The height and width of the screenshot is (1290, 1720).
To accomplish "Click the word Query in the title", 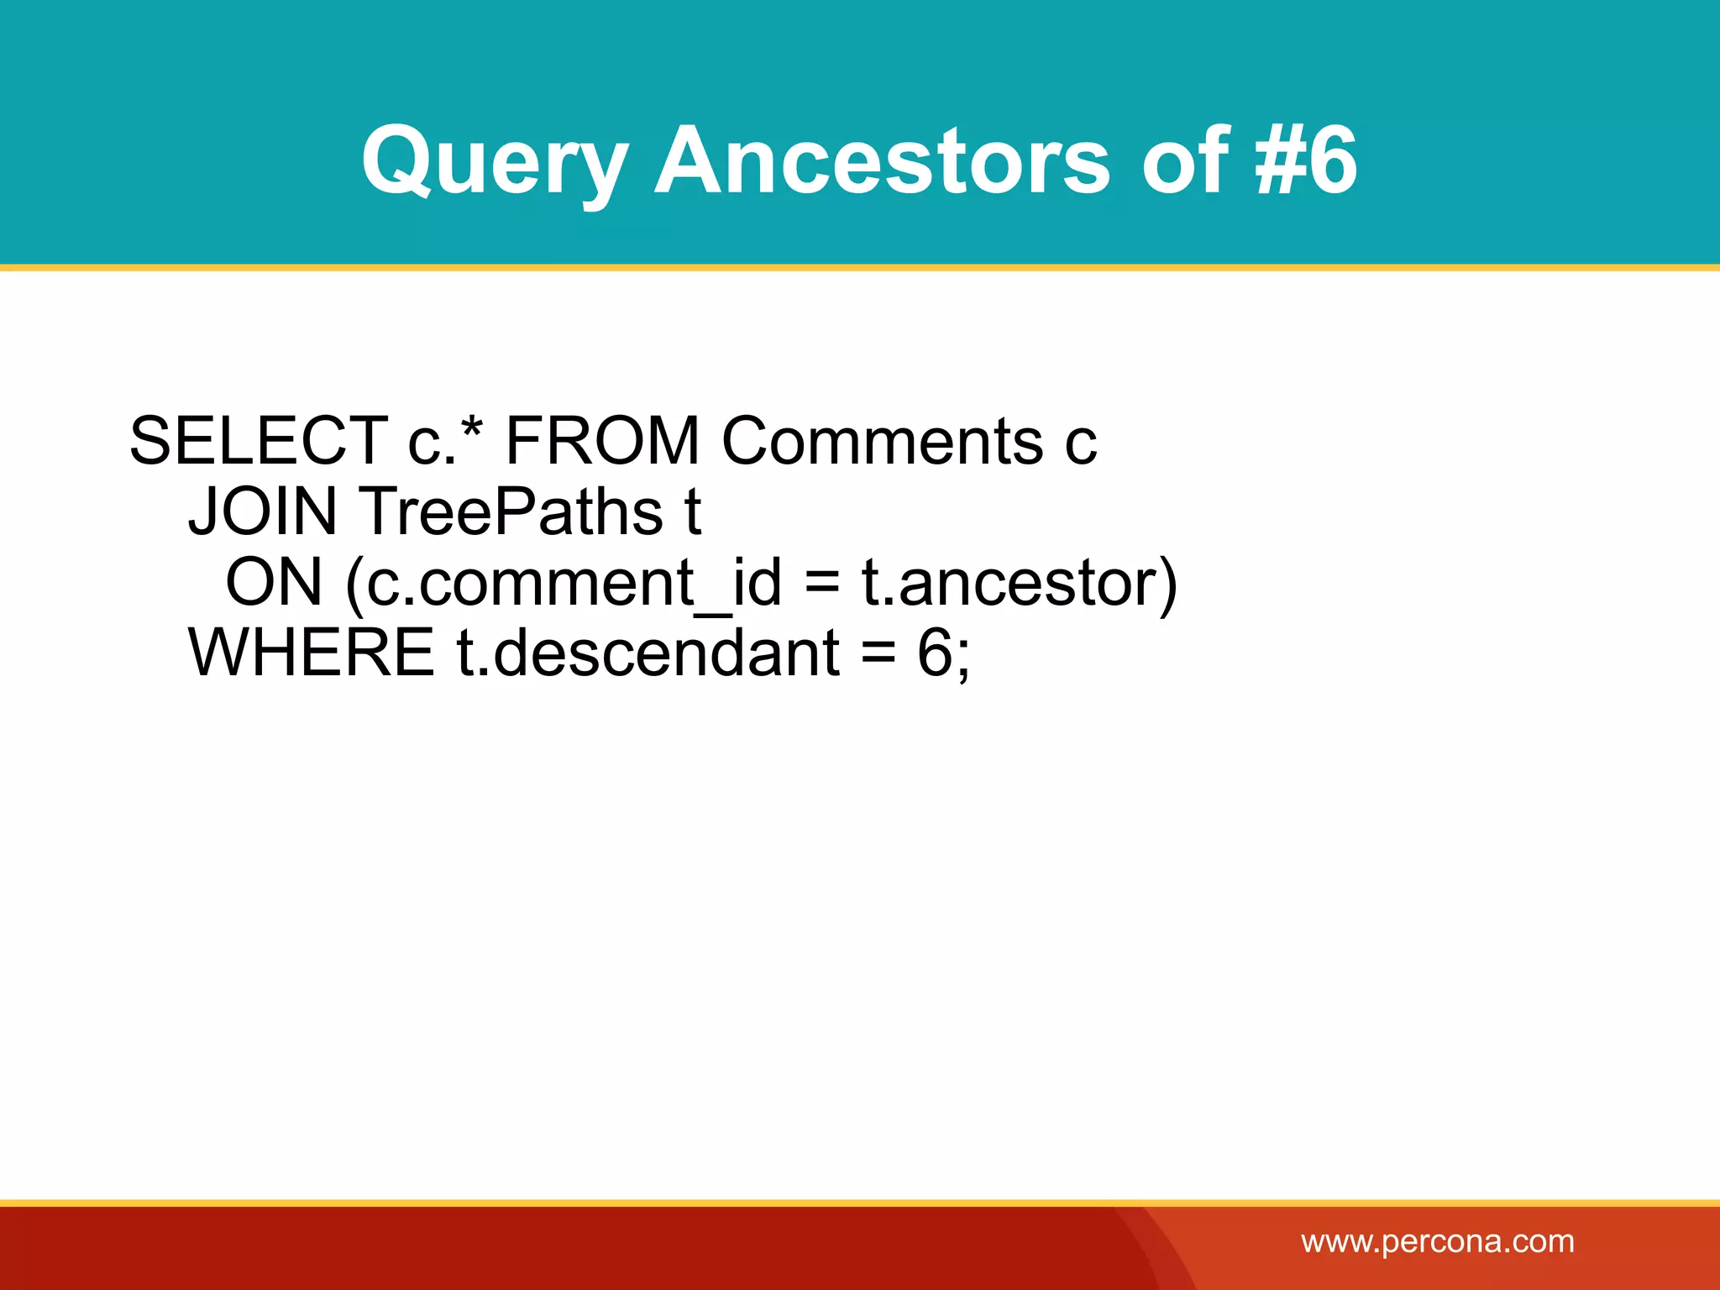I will [494, 161].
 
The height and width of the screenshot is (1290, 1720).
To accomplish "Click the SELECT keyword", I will [258, 441].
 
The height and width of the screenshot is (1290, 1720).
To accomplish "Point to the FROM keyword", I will [601, 441].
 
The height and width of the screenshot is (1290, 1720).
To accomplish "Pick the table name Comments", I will [882, 441].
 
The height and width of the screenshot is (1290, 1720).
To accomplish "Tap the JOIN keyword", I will [262, 511].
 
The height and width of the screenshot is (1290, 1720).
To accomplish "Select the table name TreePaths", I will [511, 511].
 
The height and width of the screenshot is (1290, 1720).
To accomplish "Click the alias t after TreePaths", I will [692, 511].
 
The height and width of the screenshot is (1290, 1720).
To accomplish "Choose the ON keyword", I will [274, 582].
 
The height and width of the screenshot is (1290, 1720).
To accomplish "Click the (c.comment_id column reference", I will [563, 582].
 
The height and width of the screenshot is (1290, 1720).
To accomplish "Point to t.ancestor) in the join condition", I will [1020, 582].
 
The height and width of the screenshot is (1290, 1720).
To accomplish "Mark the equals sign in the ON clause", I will [821, 584].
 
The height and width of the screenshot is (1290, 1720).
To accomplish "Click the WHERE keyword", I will [311, 653].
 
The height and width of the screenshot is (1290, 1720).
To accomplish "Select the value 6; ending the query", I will [943, 654].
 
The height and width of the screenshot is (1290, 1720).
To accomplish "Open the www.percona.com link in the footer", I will [1437, 1241].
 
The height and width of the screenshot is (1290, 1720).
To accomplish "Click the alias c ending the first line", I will [1081, 443].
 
